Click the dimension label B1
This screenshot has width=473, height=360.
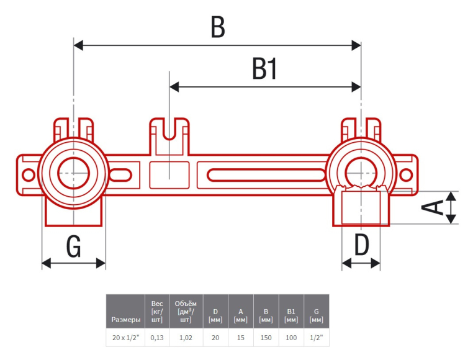(264, 69)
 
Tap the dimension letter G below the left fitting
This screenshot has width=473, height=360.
(73, 246)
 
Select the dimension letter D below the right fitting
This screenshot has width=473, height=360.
(361, 245)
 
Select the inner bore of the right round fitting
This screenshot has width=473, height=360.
(361, 172)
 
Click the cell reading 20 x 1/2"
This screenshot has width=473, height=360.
(125, 338)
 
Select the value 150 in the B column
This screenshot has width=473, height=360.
(266, 338)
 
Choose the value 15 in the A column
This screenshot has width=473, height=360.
(241, 338)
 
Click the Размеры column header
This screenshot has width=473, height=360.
(125, 320)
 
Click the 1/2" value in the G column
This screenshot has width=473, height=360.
(316, 338)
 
